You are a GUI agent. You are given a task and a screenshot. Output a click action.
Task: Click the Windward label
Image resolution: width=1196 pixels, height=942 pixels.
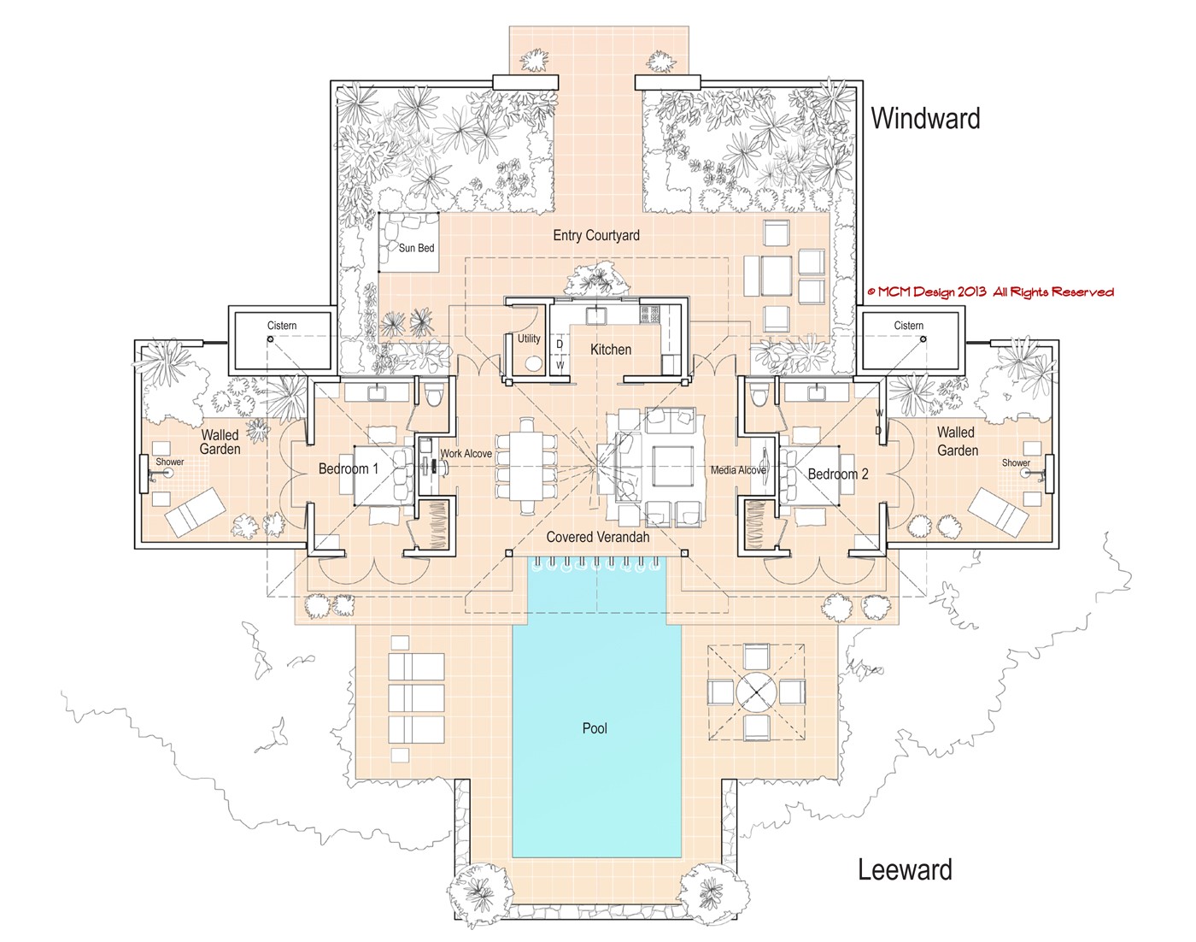[x=925, y=118]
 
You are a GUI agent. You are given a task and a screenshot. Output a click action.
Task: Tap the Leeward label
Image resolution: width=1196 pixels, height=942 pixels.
[x=905, y=870]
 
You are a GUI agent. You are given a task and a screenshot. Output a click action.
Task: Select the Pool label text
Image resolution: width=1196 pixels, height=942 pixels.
[x=595, y=728]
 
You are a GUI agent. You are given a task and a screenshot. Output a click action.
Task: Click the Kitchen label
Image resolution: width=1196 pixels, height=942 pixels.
[x=611, y=350]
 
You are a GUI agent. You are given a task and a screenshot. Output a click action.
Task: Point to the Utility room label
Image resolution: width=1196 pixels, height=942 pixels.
[x=529, y=339]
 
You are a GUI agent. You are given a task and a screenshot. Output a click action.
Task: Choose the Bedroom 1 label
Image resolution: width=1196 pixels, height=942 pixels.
[x=348, y=468]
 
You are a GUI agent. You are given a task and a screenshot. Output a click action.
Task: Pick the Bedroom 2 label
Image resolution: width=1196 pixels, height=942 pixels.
[x=837, y=474]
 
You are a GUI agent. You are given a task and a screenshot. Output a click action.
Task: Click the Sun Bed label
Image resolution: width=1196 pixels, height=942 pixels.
[x=416, y=248]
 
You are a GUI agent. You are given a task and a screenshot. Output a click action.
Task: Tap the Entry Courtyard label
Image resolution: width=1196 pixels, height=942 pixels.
[x=595, y=235]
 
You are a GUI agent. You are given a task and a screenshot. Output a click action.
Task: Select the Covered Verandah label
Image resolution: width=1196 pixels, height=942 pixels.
[x=597, y=537]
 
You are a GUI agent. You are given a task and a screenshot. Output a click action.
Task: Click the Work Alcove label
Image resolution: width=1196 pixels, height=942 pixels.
[x=466, y=453]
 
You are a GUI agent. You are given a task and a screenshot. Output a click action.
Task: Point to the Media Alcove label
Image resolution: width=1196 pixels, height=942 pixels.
[x=738, y=470]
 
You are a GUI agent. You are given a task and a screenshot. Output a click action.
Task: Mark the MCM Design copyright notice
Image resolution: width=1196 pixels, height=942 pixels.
[x=990, y=292]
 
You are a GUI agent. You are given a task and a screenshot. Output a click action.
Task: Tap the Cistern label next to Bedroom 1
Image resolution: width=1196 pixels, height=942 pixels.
[x=282, y=326]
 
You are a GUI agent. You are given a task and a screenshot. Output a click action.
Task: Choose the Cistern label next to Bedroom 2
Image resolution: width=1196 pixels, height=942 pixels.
[x=908, y=326]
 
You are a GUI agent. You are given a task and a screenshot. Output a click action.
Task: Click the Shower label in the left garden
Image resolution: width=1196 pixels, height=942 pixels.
[x=169, y=462]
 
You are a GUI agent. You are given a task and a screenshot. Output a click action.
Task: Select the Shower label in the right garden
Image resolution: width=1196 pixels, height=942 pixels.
[x=1016, y=462]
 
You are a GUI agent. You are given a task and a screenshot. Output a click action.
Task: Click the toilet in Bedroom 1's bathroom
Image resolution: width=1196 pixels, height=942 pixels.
[x=432, y=394]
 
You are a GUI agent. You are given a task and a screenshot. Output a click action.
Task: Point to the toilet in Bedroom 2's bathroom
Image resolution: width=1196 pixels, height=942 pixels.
[x=756, y=395]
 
